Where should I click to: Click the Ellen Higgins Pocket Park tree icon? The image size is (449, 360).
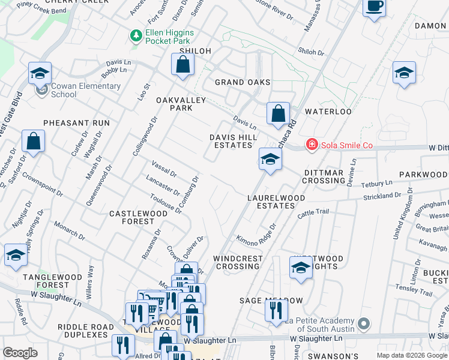[x=136, y=36]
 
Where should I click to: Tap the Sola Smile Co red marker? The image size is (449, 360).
[x=311, y=145]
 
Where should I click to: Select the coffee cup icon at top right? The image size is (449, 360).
[x=374, y=7]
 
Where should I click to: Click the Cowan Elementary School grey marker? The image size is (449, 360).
[x=41, y=91]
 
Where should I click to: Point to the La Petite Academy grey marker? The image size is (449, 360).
[x=363, y=324]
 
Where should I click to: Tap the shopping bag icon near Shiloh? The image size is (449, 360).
[x=182, y=65]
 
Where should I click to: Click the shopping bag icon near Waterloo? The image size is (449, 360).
[x=278, y=113]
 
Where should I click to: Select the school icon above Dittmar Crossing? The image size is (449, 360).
[x=270, y=160]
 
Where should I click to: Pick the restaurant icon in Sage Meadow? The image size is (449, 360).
[x=276, y=311]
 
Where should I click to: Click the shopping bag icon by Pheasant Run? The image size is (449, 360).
[x=34, y=142]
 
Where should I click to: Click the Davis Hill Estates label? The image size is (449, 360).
[x=233, y=142]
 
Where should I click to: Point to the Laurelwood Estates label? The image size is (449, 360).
[x=276, y=202]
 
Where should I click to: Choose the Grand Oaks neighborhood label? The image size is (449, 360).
[x=243, y=82]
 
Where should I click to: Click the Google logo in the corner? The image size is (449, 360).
[x=20, y=353]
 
